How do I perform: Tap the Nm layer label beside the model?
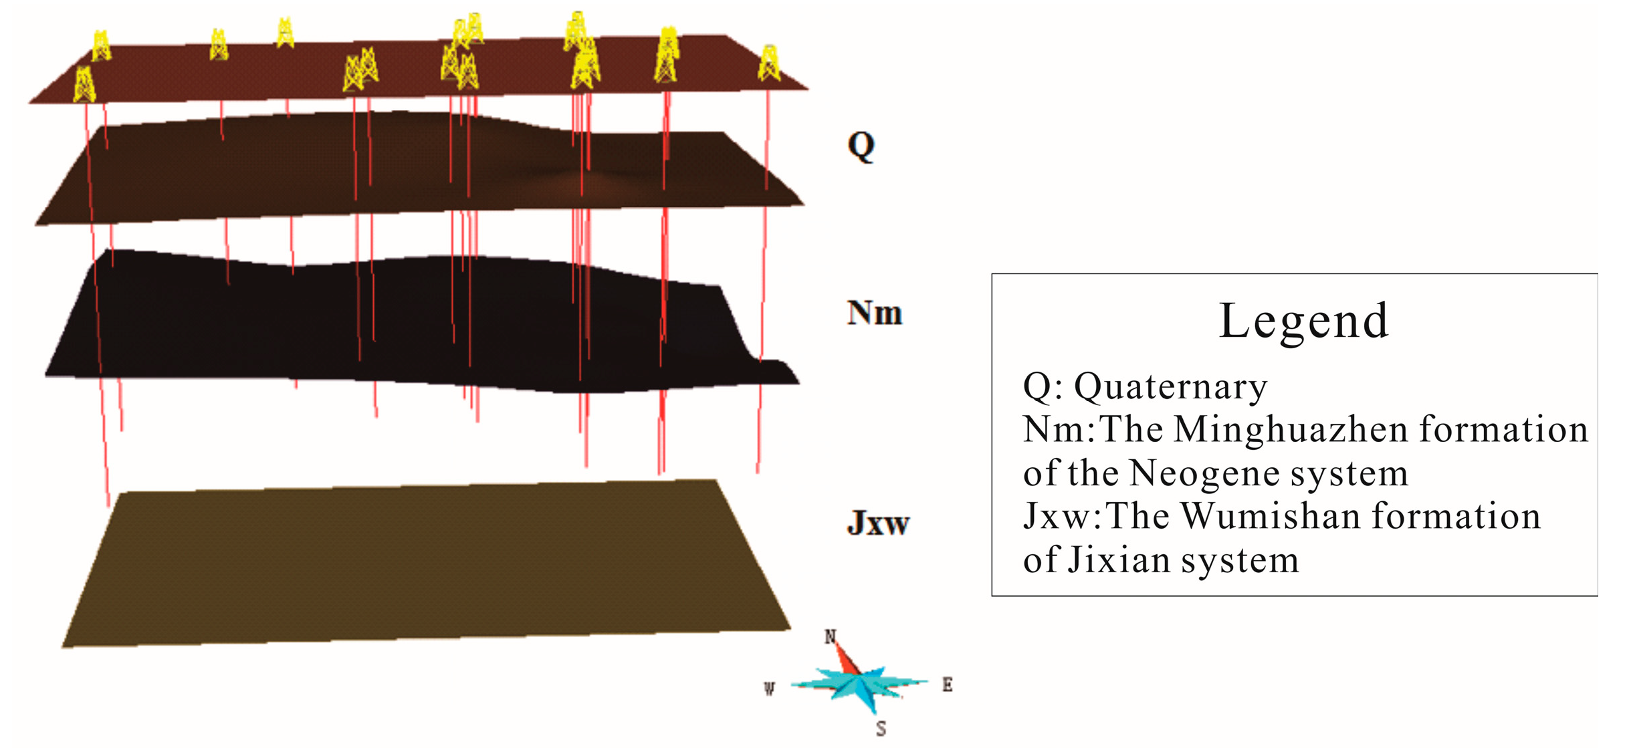tap(875, 314)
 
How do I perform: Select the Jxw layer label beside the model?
tap(878, 523)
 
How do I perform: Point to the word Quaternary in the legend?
tap(1170, 387)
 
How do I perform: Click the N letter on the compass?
tap(830, 636)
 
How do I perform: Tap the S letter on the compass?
tap(881, 729)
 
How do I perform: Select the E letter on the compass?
tap(947, 684)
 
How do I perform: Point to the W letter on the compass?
tap(770, 689)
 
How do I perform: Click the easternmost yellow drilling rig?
tap(769, 64)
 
